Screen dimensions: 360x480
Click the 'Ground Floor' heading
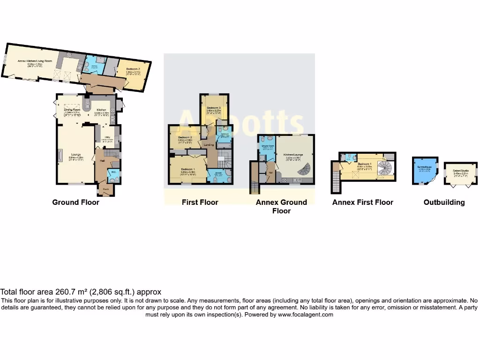coord(75,202)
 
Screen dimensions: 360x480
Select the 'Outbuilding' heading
coord(444,202)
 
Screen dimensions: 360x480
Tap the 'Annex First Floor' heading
coord(362,202)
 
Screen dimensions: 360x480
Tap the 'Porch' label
coord(106,189)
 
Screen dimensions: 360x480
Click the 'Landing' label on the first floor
coord(209,145)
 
